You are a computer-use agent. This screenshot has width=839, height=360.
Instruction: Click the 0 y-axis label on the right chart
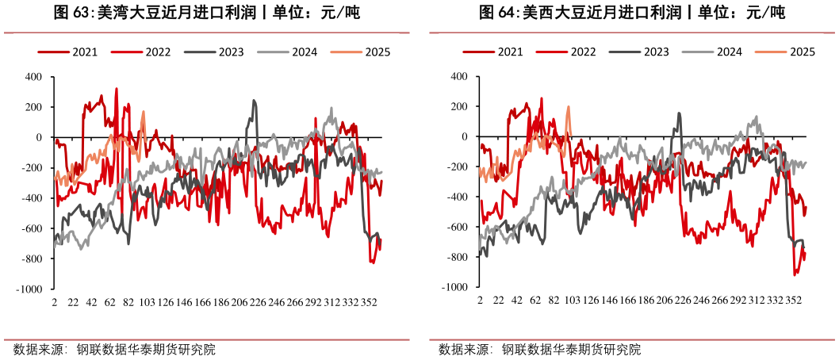point(464,137)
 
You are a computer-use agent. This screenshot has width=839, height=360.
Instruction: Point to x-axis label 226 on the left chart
point(258,303)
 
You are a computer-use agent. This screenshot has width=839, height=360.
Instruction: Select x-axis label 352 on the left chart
point(368,303)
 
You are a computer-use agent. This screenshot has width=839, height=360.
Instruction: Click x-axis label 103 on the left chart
point(147,303)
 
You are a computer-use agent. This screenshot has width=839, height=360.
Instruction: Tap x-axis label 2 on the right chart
point(481,302)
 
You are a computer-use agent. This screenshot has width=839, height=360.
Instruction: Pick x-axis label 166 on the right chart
point(627,302)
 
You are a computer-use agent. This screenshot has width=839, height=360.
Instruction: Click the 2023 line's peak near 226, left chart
point(255,101)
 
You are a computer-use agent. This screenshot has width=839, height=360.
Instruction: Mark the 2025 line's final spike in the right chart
point(569,107)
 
